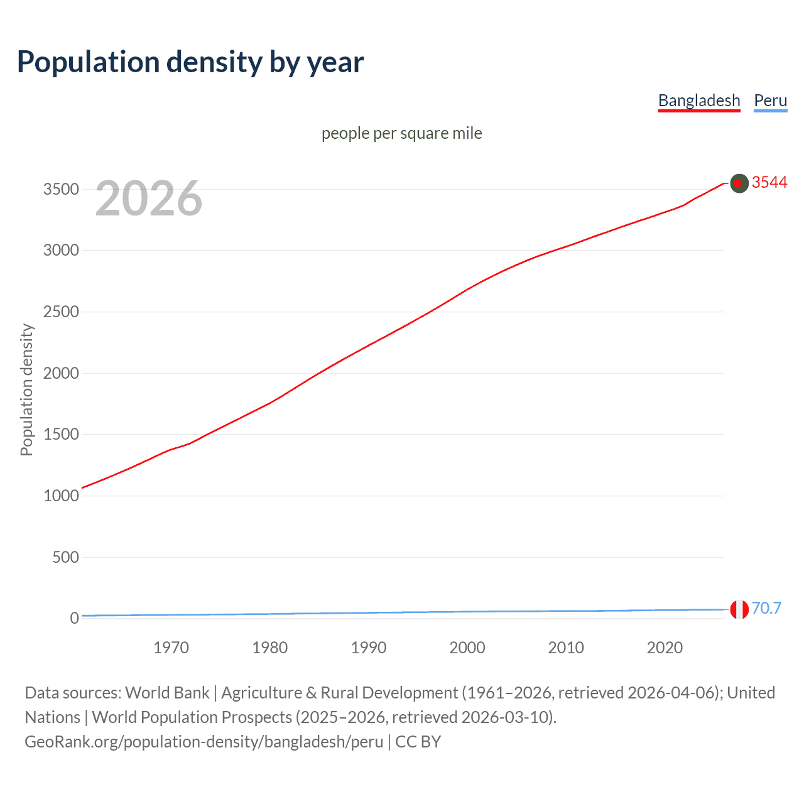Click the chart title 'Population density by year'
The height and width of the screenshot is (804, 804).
[190, 62]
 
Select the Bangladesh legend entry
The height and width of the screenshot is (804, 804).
[699, 100]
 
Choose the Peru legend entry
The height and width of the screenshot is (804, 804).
[770, 100]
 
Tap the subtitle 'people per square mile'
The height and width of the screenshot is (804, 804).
[401, 133]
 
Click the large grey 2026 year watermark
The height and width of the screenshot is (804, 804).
[149, 198]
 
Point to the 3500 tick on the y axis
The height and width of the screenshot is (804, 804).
[61, 189]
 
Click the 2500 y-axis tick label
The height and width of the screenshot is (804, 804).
[61, 312]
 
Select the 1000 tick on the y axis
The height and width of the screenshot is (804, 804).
[61, 496]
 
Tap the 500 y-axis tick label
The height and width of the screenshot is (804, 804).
[65, 557]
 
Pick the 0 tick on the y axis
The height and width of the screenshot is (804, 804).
[74, 618]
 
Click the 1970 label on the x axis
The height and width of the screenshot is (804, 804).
[171, 648]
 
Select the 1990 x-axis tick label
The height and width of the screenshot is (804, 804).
[369, 648]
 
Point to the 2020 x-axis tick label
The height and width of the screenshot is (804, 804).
[665, 648]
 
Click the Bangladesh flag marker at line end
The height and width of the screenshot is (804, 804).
[739, 183]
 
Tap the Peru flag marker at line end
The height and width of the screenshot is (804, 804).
[739, 609]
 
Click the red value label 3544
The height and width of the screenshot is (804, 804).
[769, 182]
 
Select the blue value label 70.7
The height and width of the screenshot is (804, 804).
[766, 608]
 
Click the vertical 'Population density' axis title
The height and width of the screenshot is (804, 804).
[26, 389]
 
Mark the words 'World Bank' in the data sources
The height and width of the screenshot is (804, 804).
[167, 693]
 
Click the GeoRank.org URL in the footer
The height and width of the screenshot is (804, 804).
[204, 742]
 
